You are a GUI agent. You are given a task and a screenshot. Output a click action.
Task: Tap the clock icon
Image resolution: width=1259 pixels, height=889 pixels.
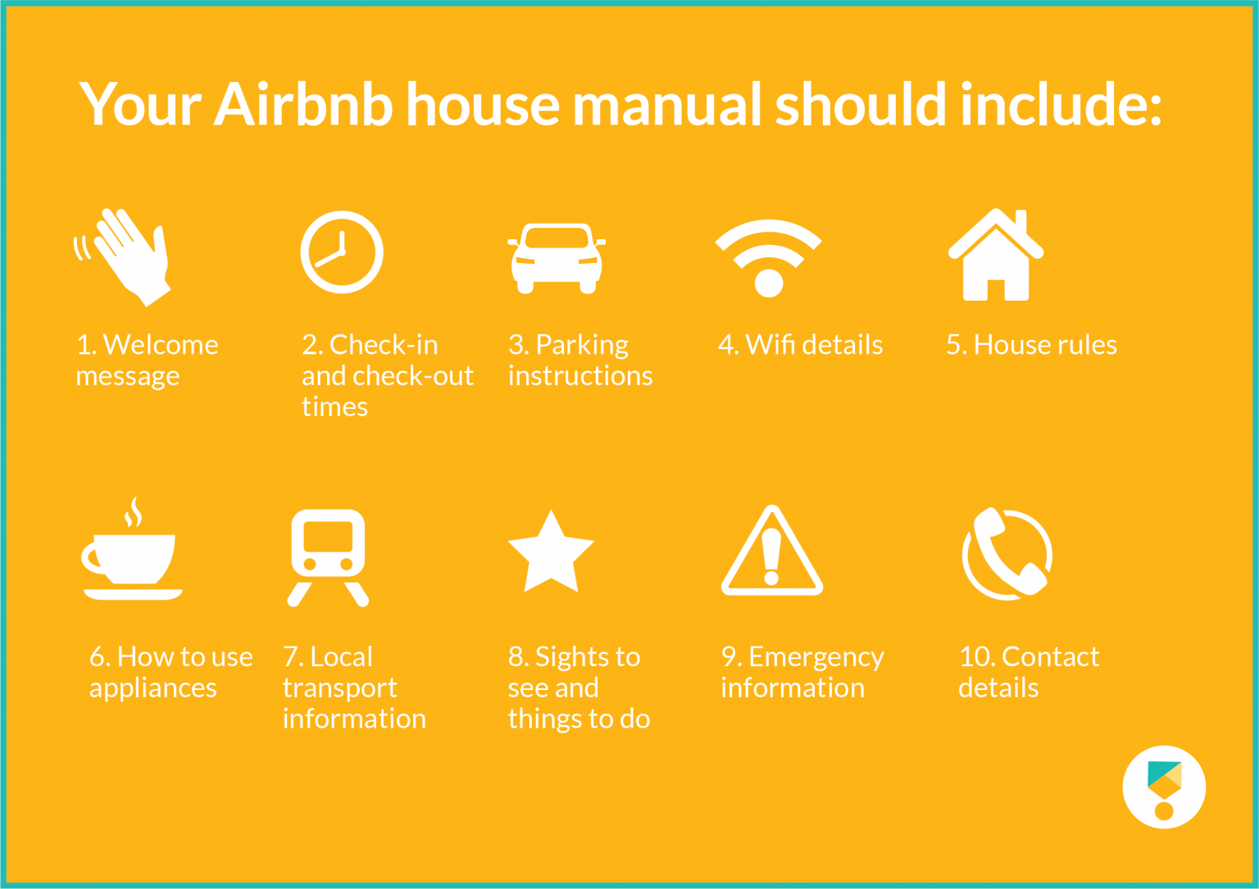342,252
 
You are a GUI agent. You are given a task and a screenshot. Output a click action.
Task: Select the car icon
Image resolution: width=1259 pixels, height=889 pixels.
557,258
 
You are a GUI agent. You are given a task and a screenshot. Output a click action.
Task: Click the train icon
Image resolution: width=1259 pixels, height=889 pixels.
328,557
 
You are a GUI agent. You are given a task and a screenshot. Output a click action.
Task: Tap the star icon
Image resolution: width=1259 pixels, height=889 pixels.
551,553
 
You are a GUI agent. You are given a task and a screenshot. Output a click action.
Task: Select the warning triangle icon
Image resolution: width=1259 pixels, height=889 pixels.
771,553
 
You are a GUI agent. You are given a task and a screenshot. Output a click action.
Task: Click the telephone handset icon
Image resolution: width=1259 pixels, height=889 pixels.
1007,553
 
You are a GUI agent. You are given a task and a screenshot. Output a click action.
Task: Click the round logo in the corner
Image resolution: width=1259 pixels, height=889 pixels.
1164,787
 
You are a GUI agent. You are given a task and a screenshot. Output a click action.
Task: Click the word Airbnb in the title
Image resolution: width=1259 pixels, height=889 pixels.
303,105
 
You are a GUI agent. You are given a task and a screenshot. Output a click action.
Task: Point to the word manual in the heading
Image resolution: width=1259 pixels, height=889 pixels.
668,105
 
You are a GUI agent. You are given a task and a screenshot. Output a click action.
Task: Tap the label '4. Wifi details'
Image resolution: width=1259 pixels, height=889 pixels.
800,345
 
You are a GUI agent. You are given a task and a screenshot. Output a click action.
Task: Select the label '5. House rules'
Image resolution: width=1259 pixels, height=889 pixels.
1031,345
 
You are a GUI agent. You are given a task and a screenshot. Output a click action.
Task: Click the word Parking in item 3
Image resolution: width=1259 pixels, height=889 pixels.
582,345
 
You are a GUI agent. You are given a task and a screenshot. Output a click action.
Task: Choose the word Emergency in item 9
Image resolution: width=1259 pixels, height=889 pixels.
816,657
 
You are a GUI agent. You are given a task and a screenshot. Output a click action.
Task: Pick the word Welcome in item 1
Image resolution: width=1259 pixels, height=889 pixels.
161,345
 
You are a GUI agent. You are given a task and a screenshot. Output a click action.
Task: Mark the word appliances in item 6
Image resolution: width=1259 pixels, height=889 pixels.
153,688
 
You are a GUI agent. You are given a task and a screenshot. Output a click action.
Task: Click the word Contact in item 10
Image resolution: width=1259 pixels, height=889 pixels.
1050,657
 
